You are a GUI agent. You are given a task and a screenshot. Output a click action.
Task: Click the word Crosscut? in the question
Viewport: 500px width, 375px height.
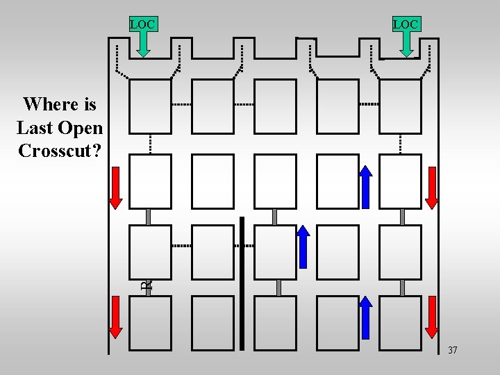point(60,151)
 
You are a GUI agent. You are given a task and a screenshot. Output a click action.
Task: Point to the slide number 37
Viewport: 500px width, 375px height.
point(452,350)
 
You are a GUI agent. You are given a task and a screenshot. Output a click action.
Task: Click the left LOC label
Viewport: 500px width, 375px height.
point(142,25)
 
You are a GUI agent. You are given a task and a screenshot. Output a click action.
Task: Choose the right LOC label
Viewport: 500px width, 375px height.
point(406,25)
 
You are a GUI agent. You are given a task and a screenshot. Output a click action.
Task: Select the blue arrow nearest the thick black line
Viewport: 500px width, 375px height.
point(303,247)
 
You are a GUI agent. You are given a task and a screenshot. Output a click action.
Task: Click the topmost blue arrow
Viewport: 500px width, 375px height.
point(366,187)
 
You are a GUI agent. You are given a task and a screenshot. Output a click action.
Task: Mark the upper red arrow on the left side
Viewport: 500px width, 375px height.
point(116,187)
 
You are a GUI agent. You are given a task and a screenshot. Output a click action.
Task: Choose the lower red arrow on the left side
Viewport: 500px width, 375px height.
point(116,317)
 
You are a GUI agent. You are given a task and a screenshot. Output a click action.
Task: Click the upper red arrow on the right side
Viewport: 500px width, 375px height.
point(432,187)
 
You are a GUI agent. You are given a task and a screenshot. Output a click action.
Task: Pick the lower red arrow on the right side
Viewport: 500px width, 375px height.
point(432,317)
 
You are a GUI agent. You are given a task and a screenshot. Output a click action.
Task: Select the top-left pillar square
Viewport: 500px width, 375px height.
point(150,106)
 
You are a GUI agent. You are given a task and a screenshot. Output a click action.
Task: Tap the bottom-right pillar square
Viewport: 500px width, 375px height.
point(400,323)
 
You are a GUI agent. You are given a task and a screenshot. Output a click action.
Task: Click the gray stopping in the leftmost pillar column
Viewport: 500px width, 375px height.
point(149,217)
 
